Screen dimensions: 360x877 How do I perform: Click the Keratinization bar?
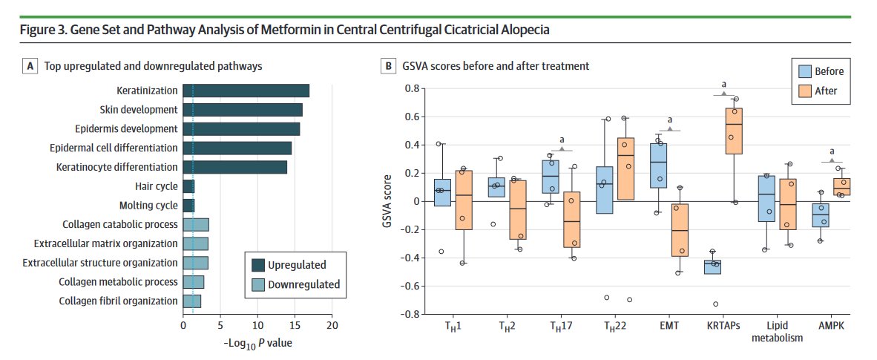click(x=246, y=91)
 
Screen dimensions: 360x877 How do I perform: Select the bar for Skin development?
click(x=243, y=110)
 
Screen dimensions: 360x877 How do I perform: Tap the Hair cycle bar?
click(x=188, y=186)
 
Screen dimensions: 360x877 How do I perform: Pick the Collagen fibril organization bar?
click(x=191, y=301)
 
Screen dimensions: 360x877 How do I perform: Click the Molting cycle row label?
click(x=148, y=206)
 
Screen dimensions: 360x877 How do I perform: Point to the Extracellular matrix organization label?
click(x=106, y=243)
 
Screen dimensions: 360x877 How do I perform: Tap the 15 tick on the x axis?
click(x=295, y=325)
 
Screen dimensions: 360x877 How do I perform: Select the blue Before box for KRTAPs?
click(x=713, y=266)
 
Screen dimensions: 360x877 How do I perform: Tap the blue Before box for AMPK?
click(x=820, y=215)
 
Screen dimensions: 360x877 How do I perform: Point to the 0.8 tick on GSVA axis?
click(x=410, y=89)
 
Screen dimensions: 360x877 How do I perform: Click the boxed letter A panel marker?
click(x=30, y=66)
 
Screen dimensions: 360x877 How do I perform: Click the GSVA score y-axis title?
click(x=387, y=201)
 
